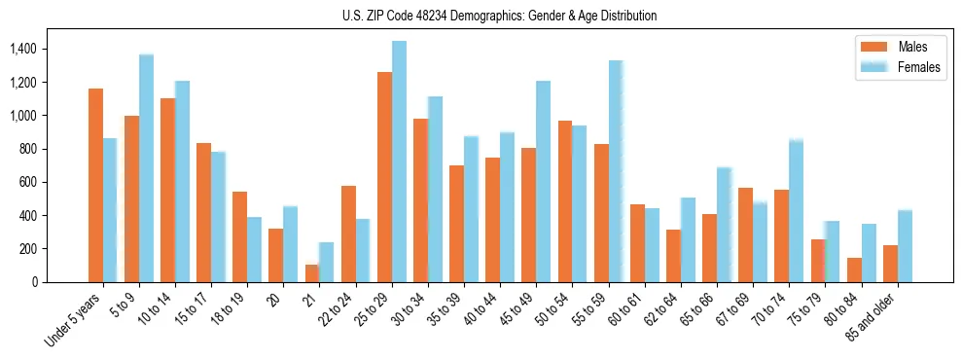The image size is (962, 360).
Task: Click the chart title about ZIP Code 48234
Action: click(481, 16)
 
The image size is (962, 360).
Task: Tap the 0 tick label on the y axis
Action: click(33, 282)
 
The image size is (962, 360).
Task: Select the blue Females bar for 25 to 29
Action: click(399, 162)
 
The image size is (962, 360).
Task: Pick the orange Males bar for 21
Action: click(311, 273)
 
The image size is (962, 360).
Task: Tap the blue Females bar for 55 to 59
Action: click(616, 171)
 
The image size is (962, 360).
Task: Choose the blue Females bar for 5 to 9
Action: click(146, 168)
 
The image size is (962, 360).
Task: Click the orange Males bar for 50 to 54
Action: click(564, 201)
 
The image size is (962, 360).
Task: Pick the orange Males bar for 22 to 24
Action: click(348, 234)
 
